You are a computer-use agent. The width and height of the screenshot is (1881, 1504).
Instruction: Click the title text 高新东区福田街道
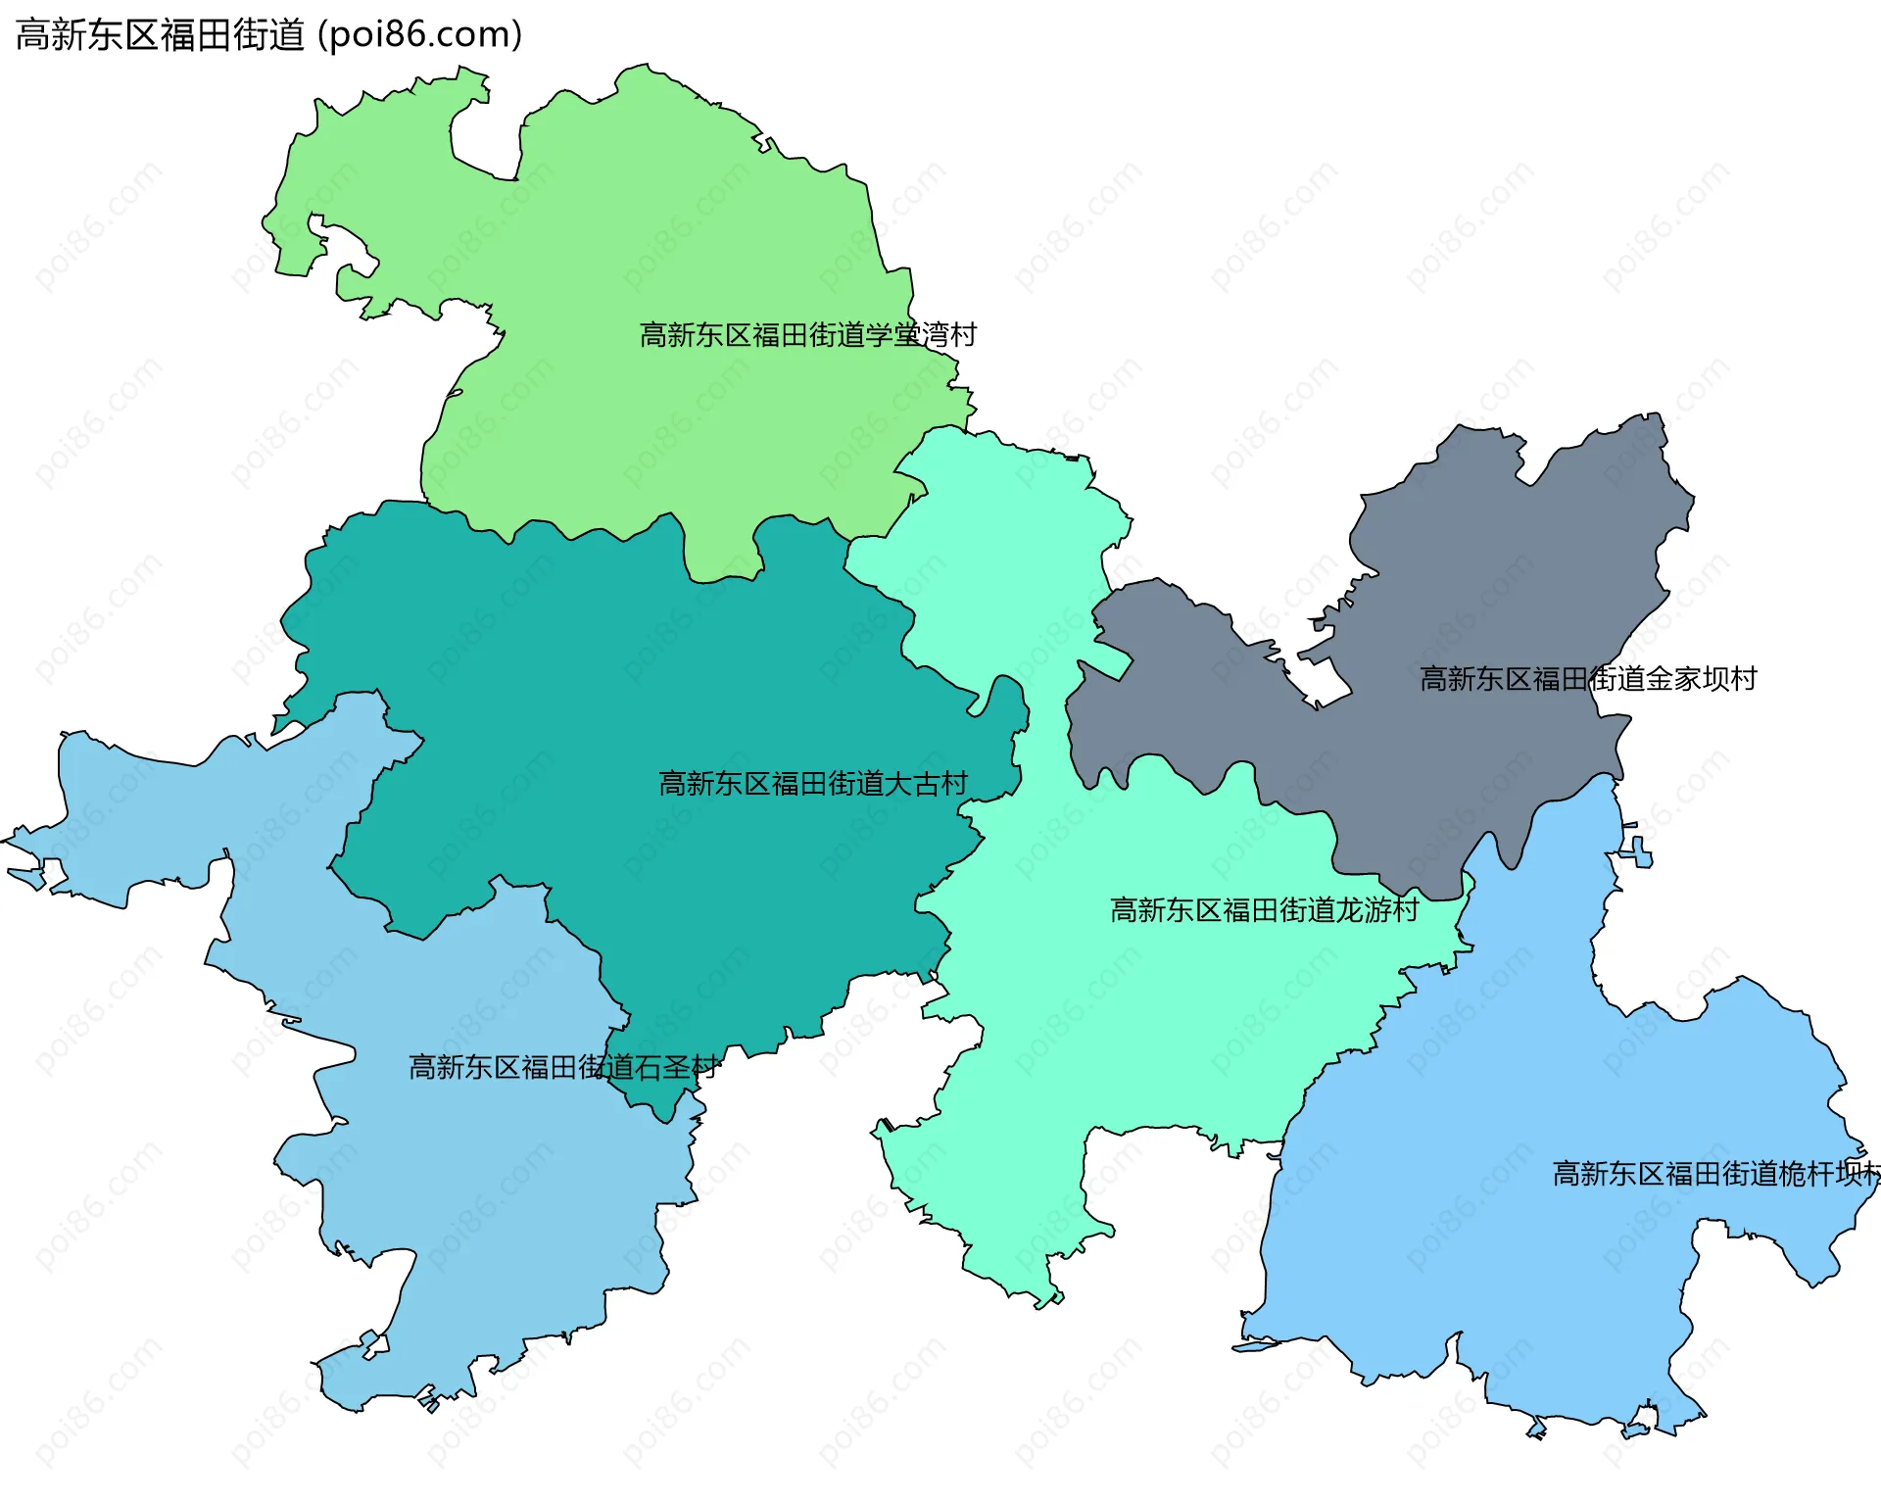pyautogui.click(x=161, y=35)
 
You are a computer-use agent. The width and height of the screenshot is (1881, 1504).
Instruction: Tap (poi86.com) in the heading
pyautogui.click(x=419, y=35)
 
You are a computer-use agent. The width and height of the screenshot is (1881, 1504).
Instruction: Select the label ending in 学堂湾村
pyautogui.click(x=808, y=335)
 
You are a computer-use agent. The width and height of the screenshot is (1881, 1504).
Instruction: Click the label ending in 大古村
pyautogui.click(x=813, y=784)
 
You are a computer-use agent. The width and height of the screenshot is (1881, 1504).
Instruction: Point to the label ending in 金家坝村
pyautogui.click(x=1588, y=679)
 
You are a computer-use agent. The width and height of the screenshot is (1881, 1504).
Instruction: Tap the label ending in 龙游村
pyautogui.click(x=1264, y=910)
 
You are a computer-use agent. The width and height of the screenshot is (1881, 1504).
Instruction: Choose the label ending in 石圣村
pyautogui.click(x=563, y=1067)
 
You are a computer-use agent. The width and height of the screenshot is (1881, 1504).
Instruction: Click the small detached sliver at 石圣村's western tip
pyautogui.click(x=25, y=876)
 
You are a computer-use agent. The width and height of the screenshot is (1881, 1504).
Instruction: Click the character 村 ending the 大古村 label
pyautogui.click(x=954, y=784)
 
